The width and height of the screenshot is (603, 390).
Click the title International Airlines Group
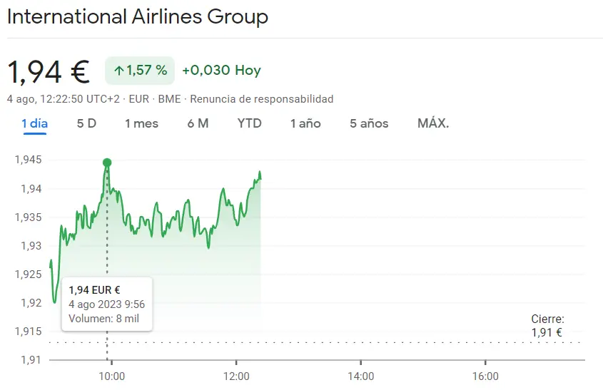(138, 17)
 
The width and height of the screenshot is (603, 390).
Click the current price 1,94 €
(49, 71)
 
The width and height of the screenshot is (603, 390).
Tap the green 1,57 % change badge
(140, 71)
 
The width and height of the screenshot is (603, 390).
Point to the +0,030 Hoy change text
(221, 71)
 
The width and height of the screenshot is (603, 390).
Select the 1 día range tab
(34, 123)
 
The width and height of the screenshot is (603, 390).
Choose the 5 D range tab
(86, 123)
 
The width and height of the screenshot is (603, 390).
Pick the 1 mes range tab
(141, 123)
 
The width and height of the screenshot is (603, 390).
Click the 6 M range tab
(198, 123)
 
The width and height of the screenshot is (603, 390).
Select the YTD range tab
(250, 123)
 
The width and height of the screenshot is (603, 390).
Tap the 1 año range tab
(305, 123)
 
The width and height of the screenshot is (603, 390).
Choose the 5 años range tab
(369, 123)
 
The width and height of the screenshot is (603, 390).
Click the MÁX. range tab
(433, 123)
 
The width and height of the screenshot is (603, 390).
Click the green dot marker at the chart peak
(107, 163)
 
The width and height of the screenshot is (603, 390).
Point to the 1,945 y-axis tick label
(29, 160)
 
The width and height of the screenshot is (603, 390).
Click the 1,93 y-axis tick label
(31, 246)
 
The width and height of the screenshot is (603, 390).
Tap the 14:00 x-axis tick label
(360, 376)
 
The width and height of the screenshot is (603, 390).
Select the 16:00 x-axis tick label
(485, 376)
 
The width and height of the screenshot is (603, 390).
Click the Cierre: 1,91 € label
(547, 326)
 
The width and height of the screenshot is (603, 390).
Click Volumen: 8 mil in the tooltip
(103, 319)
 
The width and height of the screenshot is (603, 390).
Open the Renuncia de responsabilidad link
(261, 99)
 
